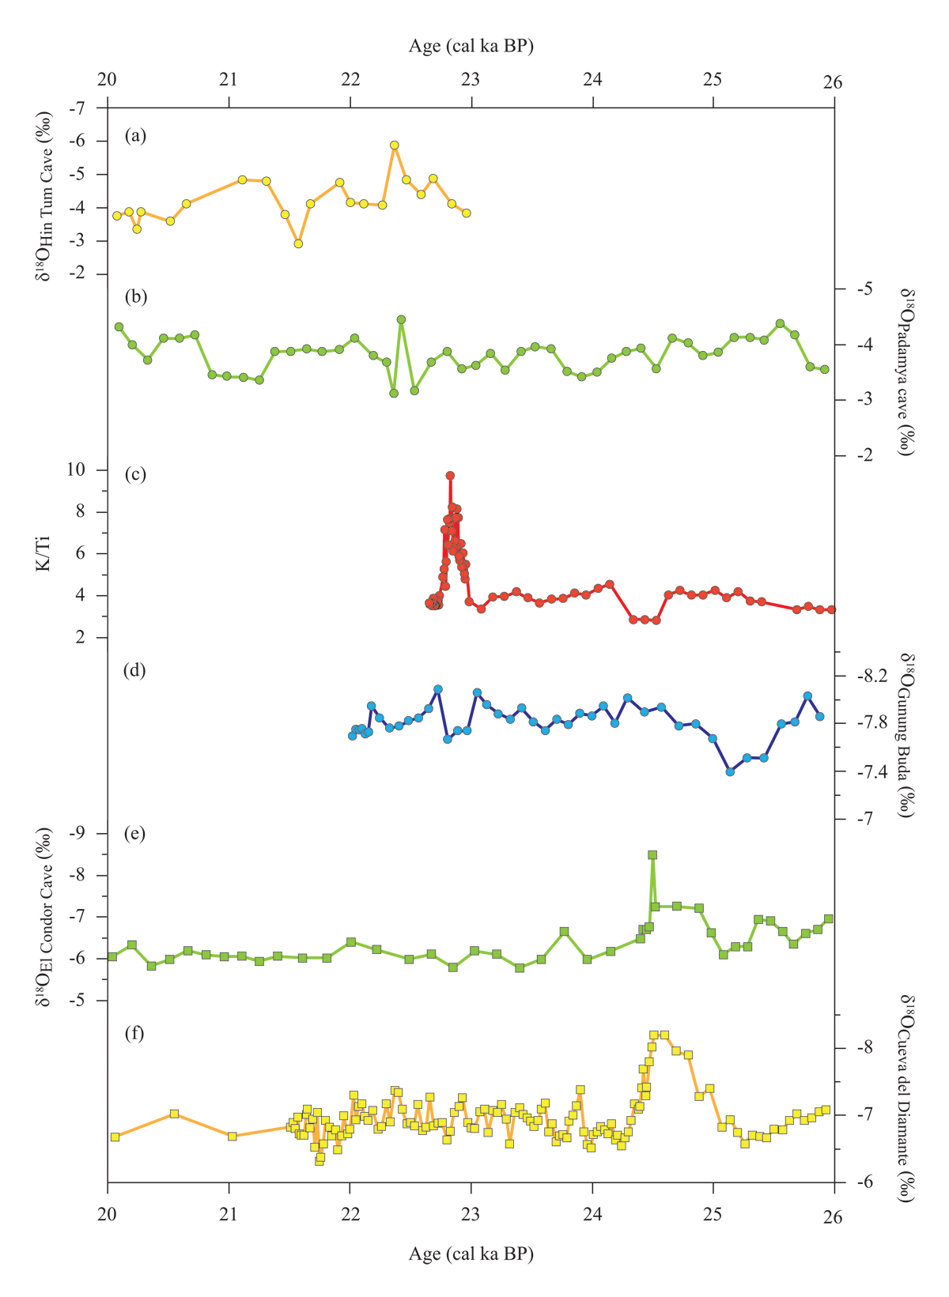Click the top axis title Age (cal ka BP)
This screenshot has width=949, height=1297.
[471, 46]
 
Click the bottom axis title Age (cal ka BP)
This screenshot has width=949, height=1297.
[471, 1254]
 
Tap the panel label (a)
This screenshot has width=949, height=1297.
[135, 136]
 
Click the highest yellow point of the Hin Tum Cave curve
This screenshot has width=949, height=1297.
[394, 145]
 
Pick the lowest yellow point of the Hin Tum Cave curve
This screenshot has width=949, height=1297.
[298, 243]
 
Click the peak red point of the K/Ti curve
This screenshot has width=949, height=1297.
[450, 476]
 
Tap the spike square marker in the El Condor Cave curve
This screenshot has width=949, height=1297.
[652, 854]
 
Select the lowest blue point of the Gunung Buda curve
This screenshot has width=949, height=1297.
[731, 771]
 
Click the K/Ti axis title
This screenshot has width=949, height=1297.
[46, 553]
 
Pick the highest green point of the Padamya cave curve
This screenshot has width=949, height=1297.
[401, 319]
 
